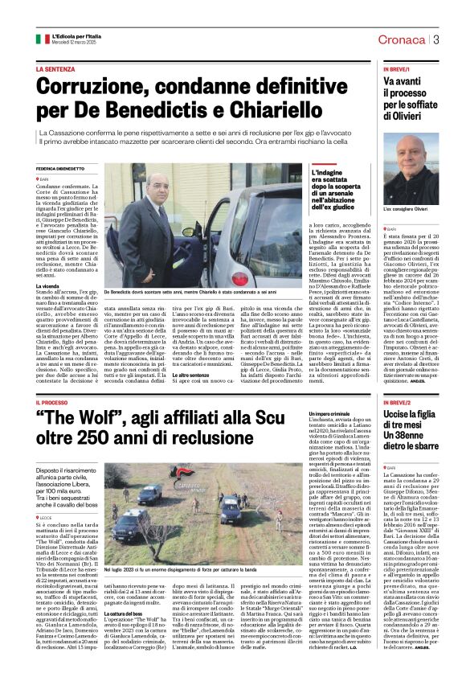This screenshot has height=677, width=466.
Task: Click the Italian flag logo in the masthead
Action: pyautogui.click(x=42, y=39)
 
